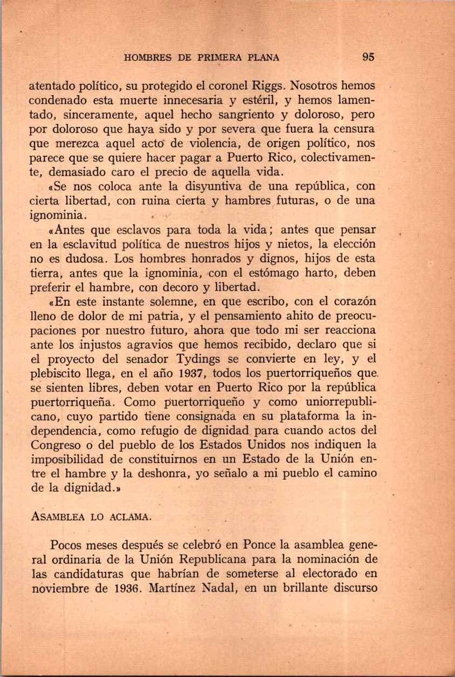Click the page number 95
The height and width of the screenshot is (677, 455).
point(368,57)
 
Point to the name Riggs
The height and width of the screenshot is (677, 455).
point(266,86)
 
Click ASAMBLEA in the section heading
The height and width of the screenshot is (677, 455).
point(57,517)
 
